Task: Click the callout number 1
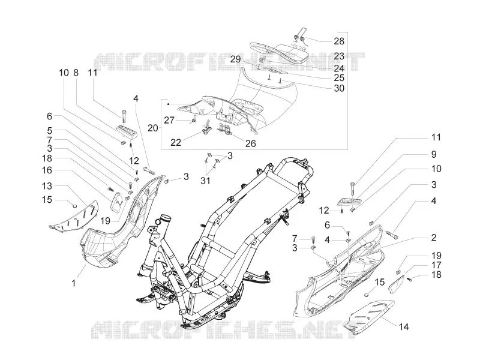73,283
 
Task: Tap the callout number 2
433,238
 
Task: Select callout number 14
404,327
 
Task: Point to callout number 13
47,186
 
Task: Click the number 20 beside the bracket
153,128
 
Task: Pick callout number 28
339,41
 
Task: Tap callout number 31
205,181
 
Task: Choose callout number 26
251,143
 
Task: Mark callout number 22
176,143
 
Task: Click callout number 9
433,154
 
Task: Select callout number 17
436,265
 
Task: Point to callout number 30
339,88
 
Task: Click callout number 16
47,170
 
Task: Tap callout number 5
50,131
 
